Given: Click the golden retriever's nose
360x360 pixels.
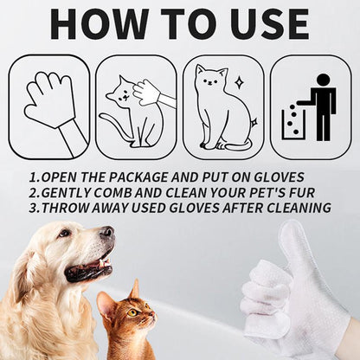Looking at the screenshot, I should click(106, 232).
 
